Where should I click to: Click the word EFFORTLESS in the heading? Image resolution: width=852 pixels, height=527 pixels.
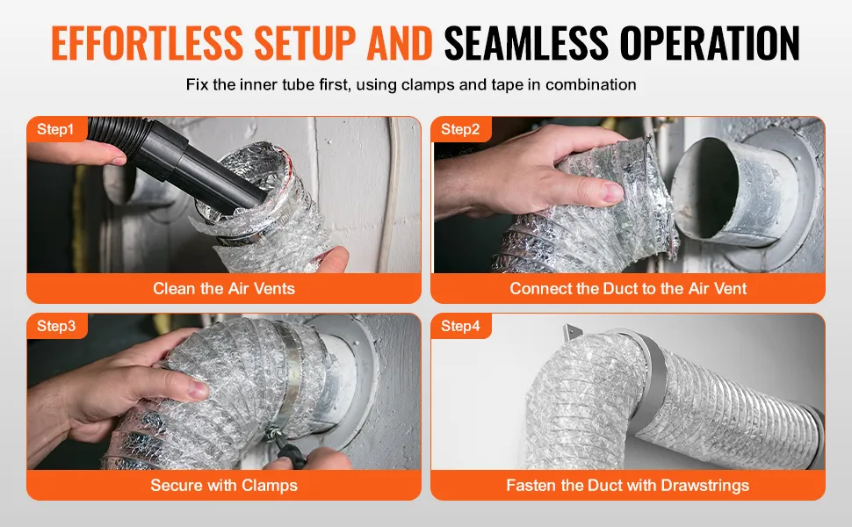coord(147,42)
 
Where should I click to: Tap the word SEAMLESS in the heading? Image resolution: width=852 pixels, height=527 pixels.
coord(526,42)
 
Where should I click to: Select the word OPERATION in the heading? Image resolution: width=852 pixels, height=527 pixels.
coord(710,42)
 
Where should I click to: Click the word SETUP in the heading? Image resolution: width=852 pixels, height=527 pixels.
coord(305,42)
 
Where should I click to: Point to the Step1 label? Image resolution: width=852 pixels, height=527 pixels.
coord(55,129)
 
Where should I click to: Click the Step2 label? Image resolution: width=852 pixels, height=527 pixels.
coord(460,129)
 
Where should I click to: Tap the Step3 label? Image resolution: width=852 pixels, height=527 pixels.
coord(56,326)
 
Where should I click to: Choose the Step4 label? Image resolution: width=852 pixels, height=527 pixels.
coord(460,326)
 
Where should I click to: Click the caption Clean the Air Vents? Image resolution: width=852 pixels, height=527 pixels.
coord(224,288)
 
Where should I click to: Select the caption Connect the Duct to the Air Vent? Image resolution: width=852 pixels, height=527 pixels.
coord(628,288)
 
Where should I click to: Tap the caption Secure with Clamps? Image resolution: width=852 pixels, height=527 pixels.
coord(224,485)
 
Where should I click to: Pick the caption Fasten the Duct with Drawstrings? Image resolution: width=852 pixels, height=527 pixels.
coord(628,485)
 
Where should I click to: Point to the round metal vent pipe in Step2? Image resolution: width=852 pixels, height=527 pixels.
coord(728,190)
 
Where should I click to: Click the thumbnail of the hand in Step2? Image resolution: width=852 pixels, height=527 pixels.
coord(613,192)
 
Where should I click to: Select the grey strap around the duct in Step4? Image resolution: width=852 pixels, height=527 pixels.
coord(652,380)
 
